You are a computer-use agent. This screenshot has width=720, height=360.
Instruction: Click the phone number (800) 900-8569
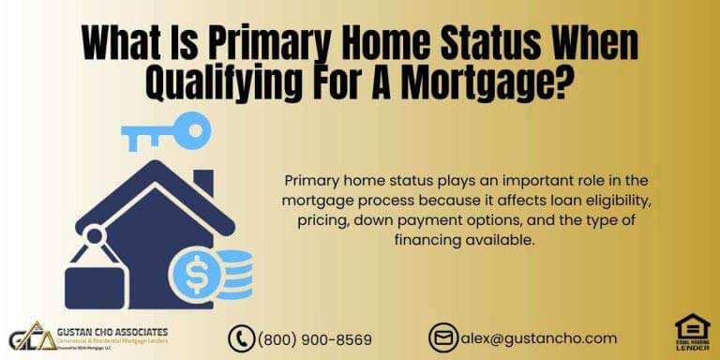pyautogui.click(x=314, y=338)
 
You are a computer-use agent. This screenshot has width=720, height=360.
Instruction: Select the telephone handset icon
pyautogui.click(x=243, y=338)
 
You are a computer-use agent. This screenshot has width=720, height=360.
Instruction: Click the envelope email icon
pyautogui.click(x=442, y=337)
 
